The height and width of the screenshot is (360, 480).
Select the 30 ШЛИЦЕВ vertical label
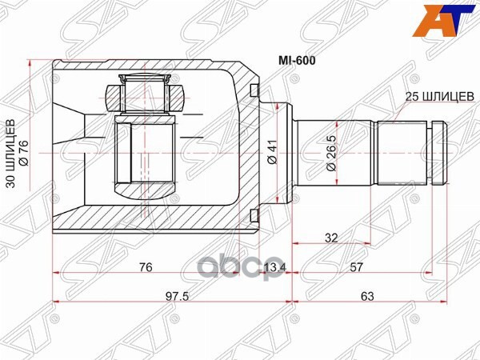(x=10, y=153)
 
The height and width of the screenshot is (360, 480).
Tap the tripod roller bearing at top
(x=146, y=90)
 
